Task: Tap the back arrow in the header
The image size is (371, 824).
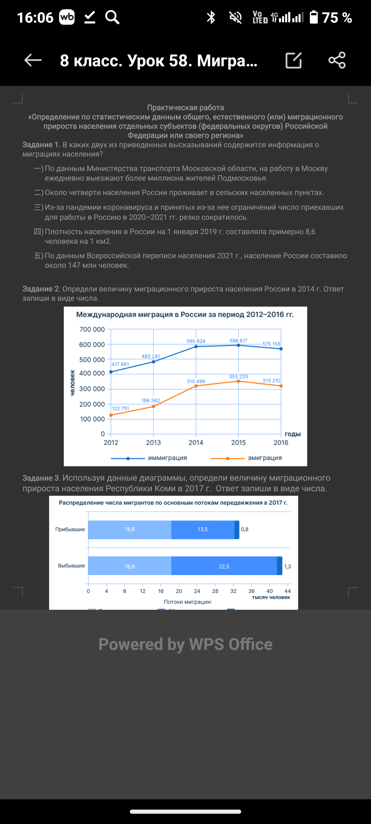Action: click(33, 60)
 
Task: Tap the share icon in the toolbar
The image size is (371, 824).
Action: click(337, 60)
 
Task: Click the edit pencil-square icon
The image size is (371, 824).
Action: click(294, 60)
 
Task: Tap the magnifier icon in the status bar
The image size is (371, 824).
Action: click(112, 17)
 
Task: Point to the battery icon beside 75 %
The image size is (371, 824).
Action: click(314, 17)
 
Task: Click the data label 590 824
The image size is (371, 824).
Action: click(196, 341)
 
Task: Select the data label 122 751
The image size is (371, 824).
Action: click(120, 408)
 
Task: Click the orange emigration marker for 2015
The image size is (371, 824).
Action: click(238, 381)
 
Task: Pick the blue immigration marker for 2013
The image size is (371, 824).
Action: click(154, 362)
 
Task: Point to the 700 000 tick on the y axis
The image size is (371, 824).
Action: click(92, 329)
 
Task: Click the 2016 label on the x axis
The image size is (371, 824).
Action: click(281, 443)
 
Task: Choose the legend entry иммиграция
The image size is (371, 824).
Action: click(167, 458)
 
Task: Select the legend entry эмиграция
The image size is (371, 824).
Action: click(265, 458)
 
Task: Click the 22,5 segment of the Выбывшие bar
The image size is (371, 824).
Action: click(224, 566)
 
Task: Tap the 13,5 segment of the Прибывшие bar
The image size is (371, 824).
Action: click(203, 529)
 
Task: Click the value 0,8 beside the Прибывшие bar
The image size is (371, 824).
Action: click(245, 529)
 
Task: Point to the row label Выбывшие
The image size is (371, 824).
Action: click(71, 565)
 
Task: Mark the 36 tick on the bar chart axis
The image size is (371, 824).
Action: click(251, 591)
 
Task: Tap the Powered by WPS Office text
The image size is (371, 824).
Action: click(185, 644)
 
